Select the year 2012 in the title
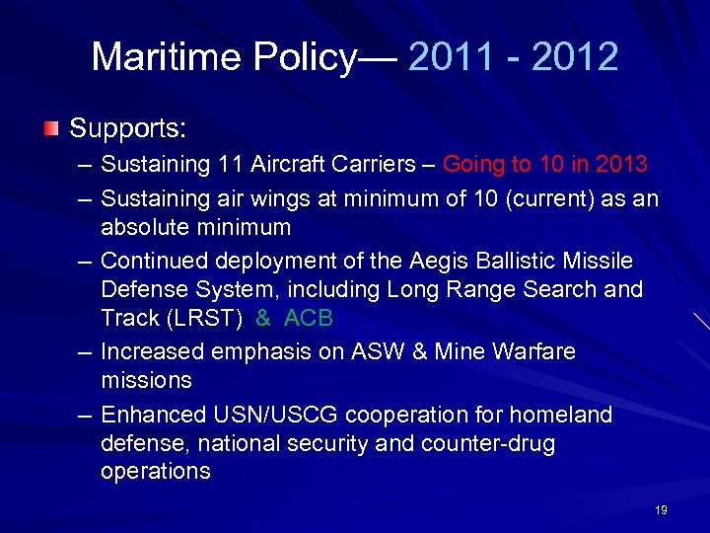pos(574,57)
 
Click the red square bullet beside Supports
pos(50,129)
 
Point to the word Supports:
pos(128,129)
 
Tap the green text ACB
pos(308,318)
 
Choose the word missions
pos(146,380)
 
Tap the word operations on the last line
pos(156,472)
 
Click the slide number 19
pos(661,510)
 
